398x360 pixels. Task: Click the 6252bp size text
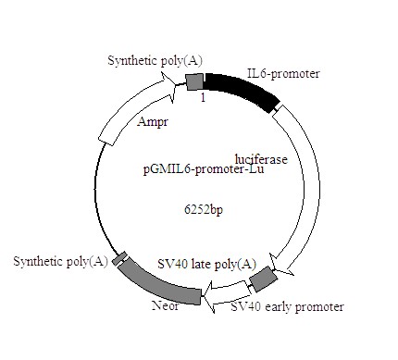pos(205,210)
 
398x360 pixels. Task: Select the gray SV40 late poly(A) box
pos(264,278)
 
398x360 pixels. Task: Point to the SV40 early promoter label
pos(287,306)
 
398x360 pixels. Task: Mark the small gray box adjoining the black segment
pos(195,81)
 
